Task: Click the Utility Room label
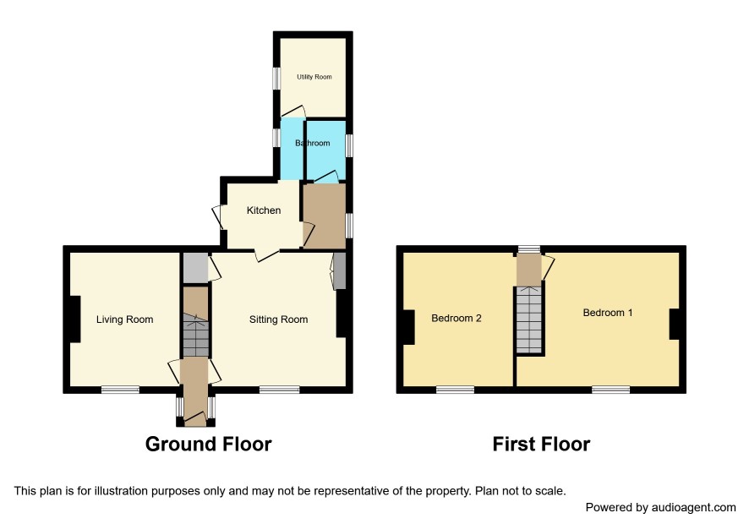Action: click(x=314, y=77)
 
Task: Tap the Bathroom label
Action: click(x=313, y=143)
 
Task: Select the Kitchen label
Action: click(x=264, y=210)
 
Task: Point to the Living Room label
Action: click(x=124, y=319)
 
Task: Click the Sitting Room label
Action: click(x=278, y=319)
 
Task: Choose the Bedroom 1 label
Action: click(x=608, y=313)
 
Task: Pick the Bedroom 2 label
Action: click(x=457, y=318)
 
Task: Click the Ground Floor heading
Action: click(x=208, y=445)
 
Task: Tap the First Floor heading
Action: click(x=541, y=445)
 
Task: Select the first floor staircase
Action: click(x=529, y=319)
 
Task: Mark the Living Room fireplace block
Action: click(x=74, y=319)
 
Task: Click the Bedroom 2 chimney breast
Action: click(x=408, y=327)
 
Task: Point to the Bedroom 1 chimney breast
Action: click(x=674, y=325)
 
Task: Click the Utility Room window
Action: click(x=276, y=78)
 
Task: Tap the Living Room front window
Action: click(x=120, y=390)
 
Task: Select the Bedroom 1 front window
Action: click(x=611, y=390)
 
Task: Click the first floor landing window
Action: click(x=529, y=248)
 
